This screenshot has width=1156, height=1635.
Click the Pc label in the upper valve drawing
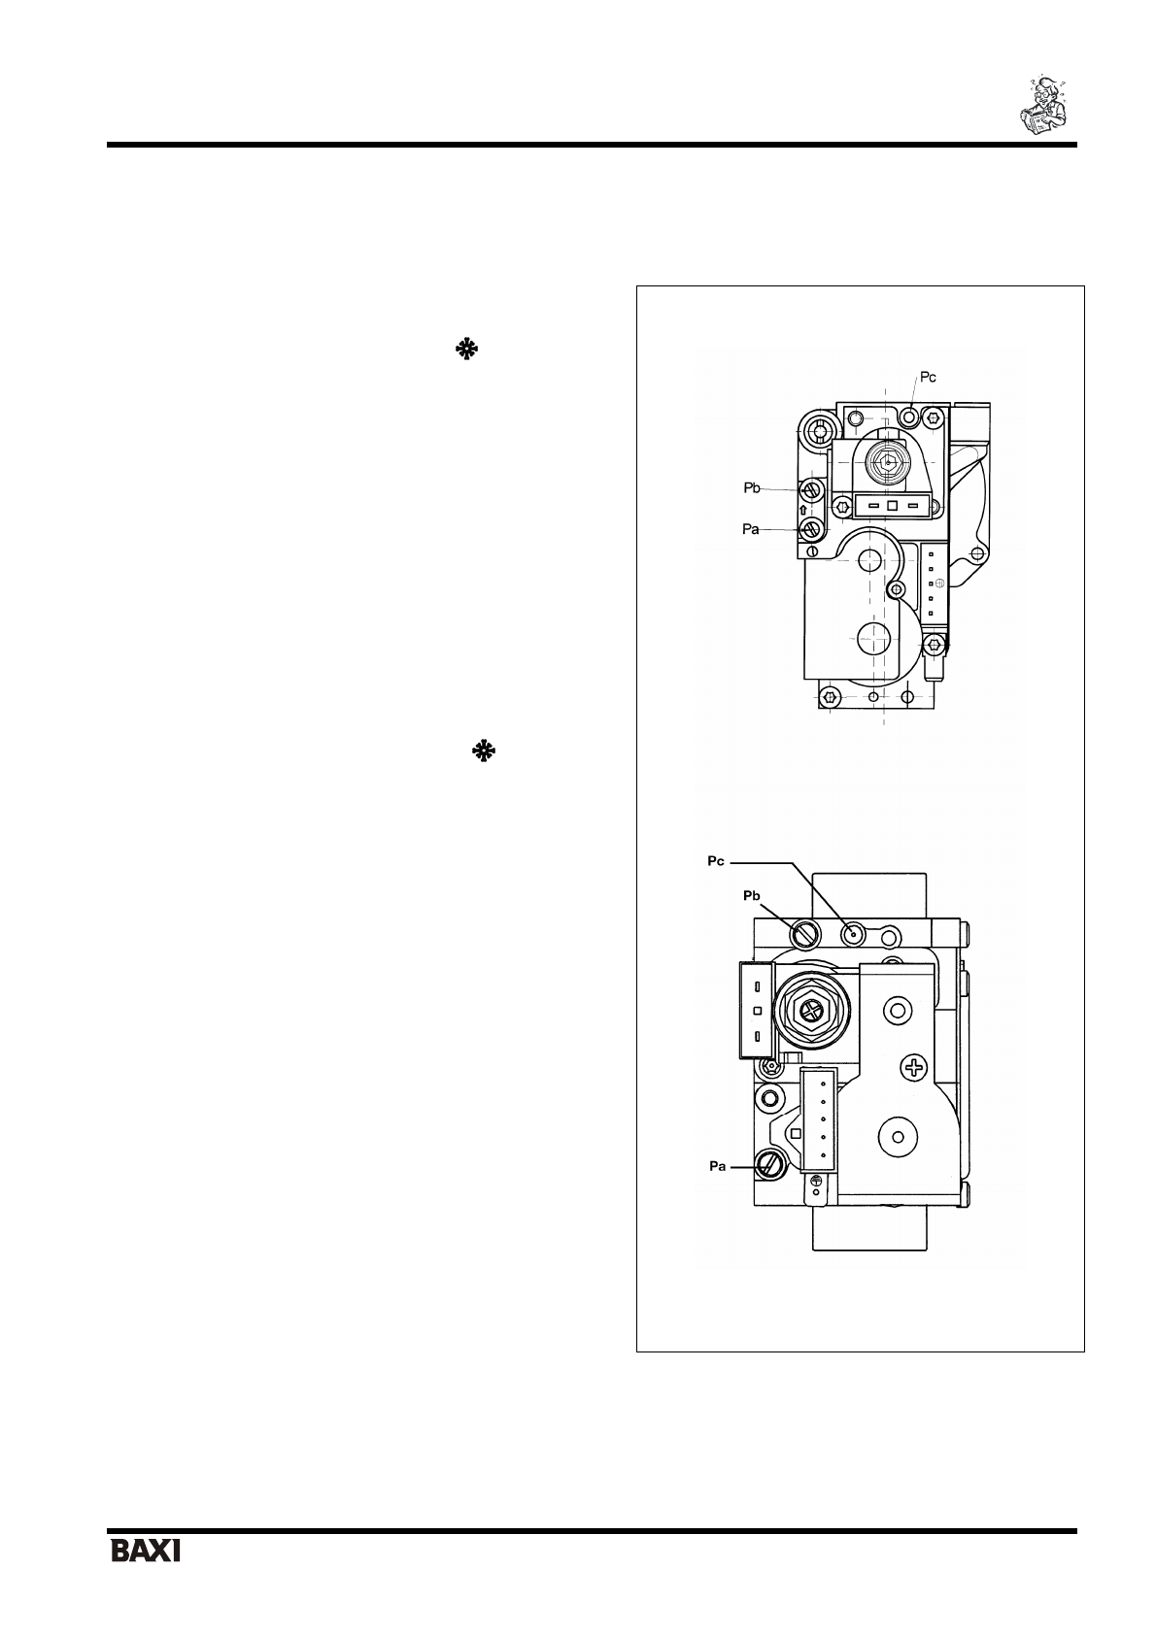pyautogui.click(x=928, y=378)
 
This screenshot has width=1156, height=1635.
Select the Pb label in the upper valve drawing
pyautogui.click(x=752, y=488)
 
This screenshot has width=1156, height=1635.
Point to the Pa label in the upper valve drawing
pyautogui.click(x=750, y=530)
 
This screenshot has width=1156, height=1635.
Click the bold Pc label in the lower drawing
pyautogui.click(x=716, y=861)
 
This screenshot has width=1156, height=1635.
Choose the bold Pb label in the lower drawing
pyautogui.click(x=752, y=896)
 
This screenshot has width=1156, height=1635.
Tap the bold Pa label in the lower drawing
pyautogui.click(x=717, y=1167)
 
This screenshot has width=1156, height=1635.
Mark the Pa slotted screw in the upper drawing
pyautogui.click(x=811, y=530)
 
